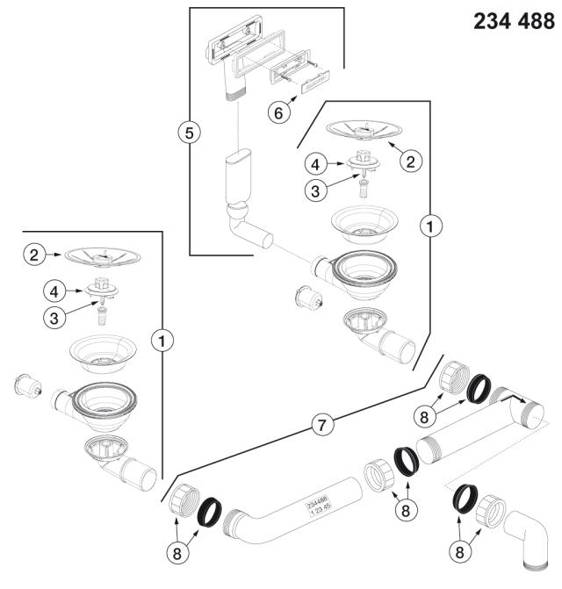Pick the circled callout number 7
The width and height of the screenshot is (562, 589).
point(324,426)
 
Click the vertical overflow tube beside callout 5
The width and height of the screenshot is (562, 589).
point(236,179)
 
